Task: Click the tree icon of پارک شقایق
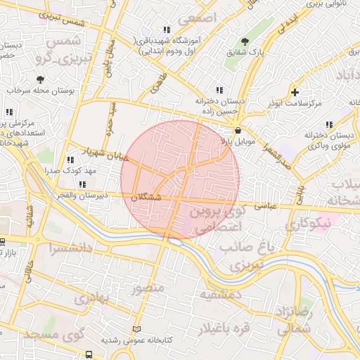[245, 42]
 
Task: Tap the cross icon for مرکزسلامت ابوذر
[295, 92]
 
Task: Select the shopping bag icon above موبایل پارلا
[238, 131]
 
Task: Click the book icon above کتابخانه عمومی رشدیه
[136, 329]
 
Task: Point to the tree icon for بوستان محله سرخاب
[40, 79]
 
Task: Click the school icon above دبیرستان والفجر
[84, 185]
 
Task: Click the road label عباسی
[264, 207]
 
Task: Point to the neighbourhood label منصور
[148, 288]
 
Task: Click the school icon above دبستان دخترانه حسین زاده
[220, 90]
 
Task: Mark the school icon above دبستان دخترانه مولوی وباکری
[329, 124]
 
